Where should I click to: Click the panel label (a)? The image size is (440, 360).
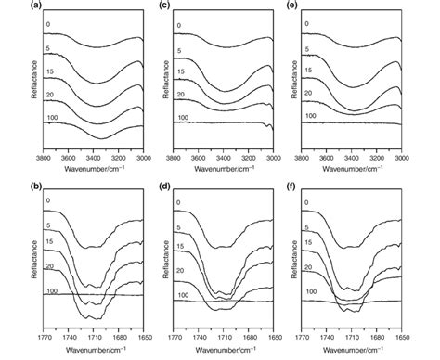click(8, 6)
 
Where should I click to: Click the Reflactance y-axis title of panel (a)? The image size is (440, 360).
click(8, 82)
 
